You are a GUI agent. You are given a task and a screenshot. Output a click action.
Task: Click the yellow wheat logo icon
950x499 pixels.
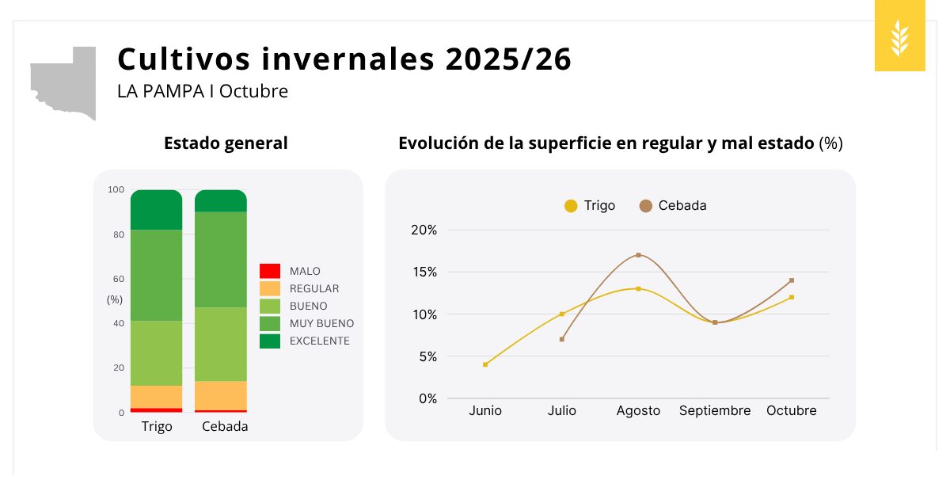[899, 36]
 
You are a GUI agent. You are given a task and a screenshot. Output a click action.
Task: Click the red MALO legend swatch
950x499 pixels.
[270, 271]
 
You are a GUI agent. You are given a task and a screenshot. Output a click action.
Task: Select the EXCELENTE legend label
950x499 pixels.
[319, 341]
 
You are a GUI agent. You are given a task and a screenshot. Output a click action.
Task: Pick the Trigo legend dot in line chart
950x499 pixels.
[571, 206]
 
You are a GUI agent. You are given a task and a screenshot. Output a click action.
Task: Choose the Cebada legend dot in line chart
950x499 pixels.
[645, 206]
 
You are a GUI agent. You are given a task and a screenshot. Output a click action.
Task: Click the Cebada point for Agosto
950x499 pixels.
[638, 255]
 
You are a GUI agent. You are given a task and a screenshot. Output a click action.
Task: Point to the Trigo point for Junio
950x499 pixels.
[485, 364]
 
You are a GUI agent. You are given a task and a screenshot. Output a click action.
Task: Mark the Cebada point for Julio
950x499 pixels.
[562, 339]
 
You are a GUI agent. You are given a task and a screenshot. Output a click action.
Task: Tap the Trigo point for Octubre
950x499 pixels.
[791, 297]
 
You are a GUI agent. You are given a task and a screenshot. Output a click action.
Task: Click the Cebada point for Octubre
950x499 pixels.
[791, 280]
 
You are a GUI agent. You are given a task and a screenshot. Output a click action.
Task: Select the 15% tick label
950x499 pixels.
[424, 272]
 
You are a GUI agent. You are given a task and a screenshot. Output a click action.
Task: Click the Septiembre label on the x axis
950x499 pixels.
[714, 410]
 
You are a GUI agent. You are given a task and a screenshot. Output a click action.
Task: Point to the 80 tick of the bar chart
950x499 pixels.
[119, 234]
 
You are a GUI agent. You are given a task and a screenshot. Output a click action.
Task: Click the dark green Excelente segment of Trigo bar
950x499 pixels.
[157, 210]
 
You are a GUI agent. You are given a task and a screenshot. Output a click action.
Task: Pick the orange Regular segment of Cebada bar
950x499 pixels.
[221, 395]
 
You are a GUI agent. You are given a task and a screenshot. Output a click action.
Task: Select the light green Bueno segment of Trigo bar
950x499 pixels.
[157, 352]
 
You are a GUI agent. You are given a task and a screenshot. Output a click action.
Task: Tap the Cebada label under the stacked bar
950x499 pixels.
[225, 426]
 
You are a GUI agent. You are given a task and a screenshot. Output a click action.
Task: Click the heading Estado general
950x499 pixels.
[226, 143]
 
